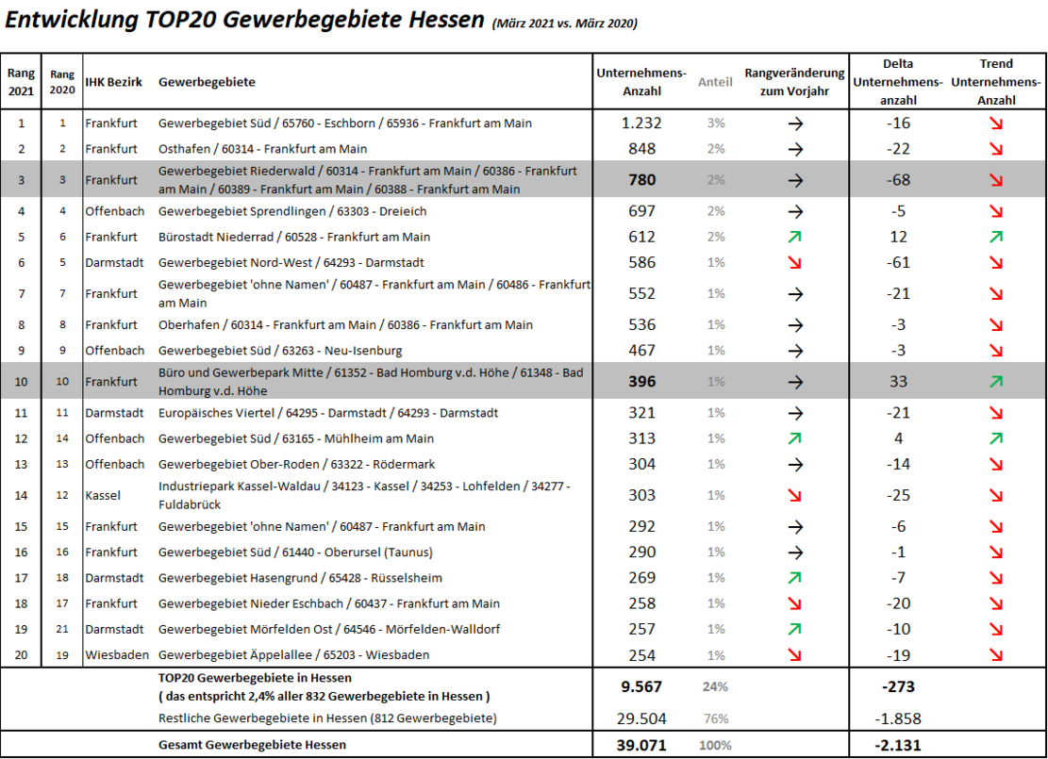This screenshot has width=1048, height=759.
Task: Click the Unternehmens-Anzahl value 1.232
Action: (641, 124)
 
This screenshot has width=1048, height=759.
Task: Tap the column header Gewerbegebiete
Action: (207, 82)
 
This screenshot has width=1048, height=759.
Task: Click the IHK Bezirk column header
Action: (113, 82)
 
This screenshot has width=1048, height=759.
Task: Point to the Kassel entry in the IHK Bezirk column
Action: (103, 495)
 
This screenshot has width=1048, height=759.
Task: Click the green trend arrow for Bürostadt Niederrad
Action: (996, 237)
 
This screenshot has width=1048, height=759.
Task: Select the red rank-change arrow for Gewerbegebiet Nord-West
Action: (795, 262)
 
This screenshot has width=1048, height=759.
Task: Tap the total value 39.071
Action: (641, 745)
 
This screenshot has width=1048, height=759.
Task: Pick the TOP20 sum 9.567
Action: (641, 687)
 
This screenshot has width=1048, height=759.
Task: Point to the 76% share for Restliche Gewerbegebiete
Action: (715, 718)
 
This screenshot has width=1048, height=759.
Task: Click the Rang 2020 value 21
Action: (62, 629)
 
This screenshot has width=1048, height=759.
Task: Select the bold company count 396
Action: (641, 382)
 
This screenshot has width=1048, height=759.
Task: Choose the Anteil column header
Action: (715, 82)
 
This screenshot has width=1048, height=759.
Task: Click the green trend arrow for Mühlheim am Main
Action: (996, 438)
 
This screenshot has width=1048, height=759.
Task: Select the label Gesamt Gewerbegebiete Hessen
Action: (252, 745)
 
